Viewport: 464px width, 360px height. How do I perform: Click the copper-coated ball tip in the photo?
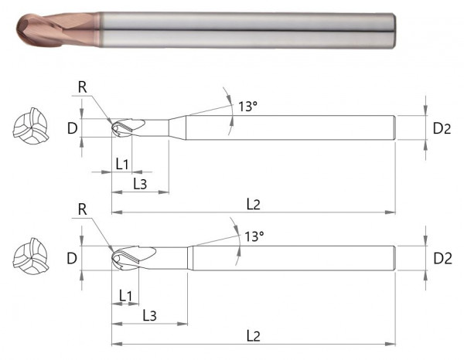[35, 29]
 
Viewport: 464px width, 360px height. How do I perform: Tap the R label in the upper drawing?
[83, 87]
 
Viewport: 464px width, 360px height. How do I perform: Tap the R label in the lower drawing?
[83, 209]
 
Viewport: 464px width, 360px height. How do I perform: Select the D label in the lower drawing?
[72, 258]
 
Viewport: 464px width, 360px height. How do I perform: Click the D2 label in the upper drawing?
[442, 128]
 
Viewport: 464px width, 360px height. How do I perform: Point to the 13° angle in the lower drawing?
[253, 236]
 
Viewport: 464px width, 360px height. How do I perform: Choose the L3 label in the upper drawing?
[141, 184]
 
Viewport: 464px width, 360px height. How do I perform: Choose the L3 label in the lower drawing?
[150, 315]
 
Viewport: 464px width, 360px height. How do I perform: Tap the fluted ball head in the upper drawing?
[128, 128]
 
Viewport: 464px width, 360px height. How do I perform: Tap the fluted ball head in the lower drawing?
[133, 257]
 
